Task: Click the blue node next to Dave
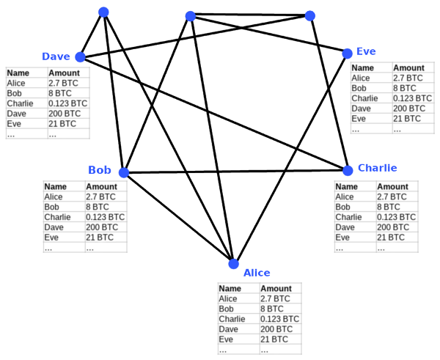(80, 57)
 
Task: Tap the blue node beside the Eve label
(347, 54)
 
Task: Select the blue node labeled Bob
(124, 172)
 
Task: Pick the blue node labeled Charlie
(348, 170)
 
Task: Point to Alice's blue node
(233, 264)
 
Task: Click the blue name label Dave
(56, 56)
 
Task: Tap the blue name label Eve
(366, 51)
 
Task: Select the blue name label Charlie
(378, 168)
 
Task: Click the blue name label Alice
(257, 273)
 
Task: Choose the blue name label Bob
(100, 170)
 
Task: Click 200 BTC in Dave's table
(65, 114)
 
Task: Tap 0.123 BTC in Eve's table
(412, 98)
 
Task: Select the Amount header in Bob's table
(102, 186)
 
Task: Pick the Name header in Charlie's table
(347, 186)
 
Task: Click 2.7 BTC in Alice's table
(275, 298)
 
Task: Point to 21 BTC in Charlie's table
(391, 238)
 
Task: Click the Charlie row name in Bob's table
(57, 217)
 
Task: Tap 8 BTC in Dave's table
(60, 93)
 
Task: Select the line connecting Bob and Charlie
(235, 171)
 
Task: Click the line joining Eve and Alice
(290, 158)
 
